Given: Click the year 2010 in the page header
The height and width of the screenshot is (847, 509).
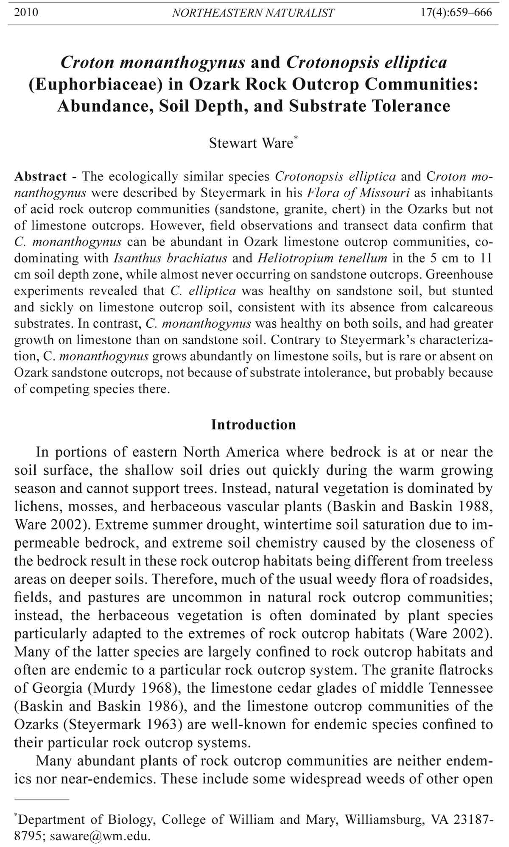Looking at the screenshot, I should click(x=26, y=12).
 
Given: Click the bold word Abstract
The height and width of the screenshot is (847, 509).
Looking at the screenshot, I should click(x=40, y=176).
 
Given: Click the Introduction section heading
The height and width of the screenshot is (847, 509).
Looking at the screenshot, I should click(x=254, y=424).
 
